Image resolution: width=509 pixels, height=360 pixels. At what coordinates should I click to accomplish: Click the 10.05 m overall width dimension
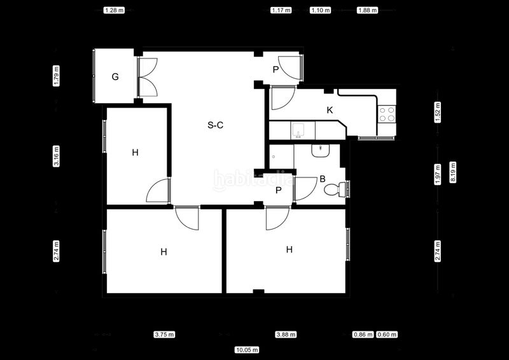pyautogui.click(x=247, y=350)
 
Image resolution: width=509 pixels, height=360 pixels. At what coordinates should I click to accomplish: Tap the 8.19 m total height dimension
pyautogui.click(x=453, y=172)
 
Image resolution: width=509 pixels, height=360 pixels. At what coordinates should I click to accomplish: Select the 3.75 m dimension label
pyautogui.click(x=164, y=335)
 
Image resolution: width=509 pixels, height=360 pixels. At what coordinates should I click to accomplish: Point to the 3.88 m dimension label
pyautogui.click(x=286, y=335)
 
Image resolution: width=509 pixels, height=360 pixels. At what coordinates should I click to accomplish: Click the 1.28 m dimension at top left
pyautogui.click(x=114, y=10)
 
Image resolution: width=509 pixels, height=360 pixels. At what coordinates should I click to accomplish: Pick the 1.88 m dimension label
pyautogui.click(x=368, y=10)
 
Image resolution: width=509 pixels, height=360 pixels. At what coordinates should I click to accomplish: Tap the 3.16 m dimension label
pyautogui.click(x=56, y=156)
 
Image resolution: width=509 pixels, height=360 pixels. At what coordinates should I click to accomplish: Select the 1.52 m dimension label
pyautogui.click(x=438, y=113)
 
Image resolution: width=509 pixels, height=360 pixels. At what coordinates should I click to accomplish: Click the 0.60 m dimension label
pyautogui.click(x=387, y=335)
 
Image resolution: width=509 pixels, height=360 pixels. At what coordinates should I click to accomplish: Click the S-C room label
pyautogui.click(x=215, y=125)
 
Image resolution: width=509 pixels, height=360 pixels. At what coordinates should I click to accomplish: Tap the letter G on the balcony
pyautogui.click(x=115, y=77)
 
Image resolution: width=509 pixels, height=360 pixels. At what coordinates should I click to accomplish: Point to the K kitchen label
pyautogui.click(x=330, y=110)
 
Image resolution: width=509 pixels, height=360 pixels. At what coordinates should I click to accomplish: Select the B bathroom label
pyautogui.click(x=323, y=179)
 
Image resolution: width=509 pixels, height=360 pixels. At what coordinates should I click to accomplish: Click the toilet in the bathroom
pyautogui.click(x=335, y=190)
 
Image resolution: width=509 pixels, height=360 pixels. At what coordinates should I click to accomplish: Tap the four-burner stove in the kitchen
pyautogui.click(x=387, y=114)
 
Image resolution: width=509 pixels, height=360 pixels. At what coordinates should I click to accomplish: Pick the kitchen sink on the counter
pyautogui.click(x=297, y=130)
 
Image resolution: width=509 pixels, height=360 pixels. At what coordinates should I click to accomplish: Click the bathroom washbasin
pyautogui.click(x=321, y=151)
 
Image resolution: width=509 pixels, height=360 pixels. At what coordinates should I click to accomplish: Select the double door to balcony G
pyautogui.click(x=148, y=77)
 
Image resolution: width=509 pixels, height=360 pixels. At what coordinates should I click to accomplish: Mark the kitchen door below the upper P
pyautogui.click(x=283, y=98)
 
